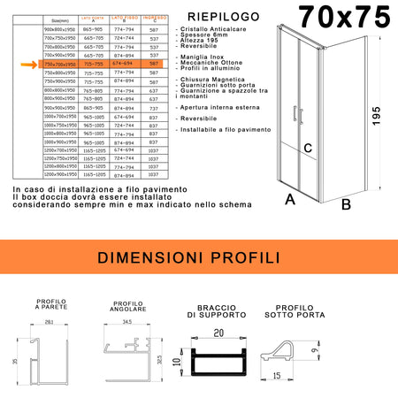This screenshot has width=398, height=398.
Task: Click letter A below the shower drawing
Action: [x=289, y=200]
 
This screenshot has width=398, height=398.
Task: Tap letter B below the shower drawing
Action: [x=346, y=204]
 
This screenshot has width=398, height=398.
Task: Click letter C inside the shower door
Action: [x=308, y=148]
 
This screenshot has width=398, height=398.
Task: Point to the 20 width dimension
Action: [x=214, y=333]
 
